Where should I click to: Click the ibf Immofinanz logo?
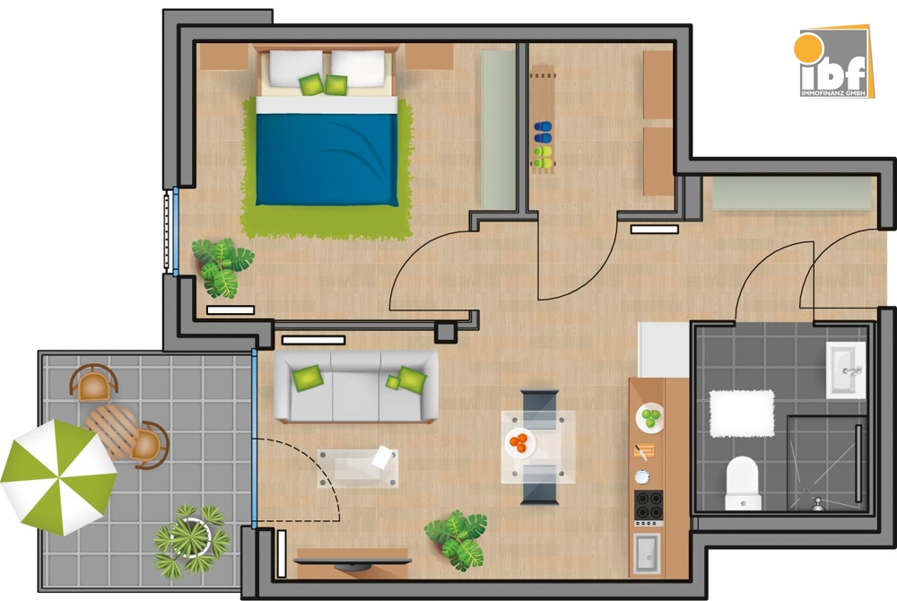(834, 63)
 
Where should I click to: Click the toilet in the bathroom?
(742, 482)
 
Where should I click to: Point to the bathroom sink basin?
(845, 370)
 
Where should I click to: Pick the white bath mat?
(741, 413)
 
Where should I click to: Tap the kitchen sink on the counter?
(646, 552)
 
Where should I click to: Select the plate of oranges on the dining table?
(519, 441)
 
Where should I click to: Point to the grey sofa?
(355, 386)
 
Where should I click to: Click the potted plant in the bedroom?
(221, 266)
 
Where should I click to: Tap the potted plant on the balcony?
(189, 539)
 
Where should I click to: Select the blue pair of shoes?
(542, 133)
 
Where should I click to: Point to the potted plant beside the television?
(457, 539)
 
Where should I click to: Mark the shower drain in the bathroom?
(817, 503)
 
